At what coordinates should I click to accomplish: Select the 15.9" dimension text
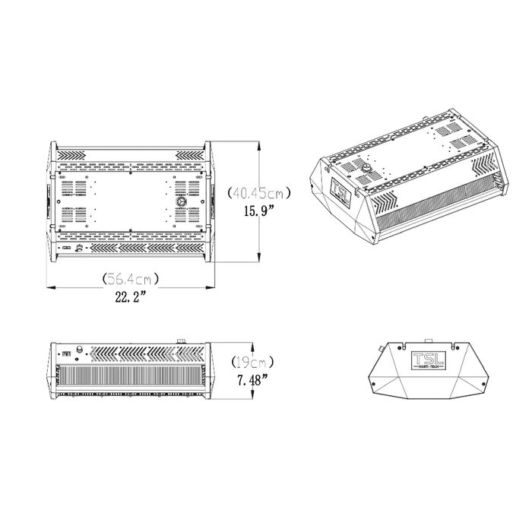pyautogui.click(x=252, y=214)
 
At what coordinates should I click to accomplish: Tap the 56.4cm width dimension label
pyautogui.click(x=131, y=278)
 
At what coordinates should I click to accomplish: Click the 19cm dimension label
pyautogui.click(x=252, y=363)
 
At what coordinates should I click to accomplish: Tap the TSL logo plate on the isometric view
pyautogui.click(x=340, y=192)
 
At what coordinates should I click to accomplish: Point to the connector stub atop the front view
pyautogui.click(x=182, y=339)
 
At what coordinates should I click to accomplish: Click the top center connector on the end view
pyautogui.click(x=428, y=340)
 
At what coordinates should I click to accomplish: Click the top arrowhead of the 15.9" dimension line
pyautogui.click(x=262, y=144)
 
